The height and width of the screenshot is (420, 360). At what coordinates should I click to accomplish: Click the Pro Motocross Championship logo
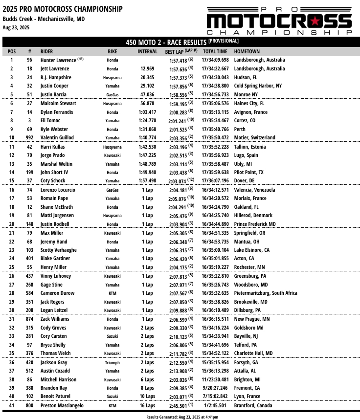[x=279, y=21]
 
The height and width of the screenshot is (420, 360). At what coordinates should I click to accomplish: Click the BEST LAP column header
[x=181, y=51]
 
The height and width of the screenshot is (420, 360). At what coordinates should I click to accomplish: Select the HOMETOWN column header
[x=247, y=51]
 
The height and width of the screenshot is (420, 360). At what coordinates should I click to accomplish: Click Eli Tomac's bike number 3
[x=29, y=120]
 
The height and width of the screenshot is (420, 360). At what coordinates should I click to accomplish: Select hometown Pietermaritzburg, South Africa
[x=266, y=293]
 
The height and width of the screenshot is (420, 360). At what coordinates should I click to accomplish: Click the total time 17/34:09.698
[x=215, y=60]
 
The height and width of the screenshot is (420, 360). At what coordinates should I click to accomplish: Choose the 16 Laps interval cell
[x=147, y=406]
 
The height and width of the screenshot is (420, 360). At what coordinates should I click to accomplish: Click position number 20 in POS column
[x=12, y=224]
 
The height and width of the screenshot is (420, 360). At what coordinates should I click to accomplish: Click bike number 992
[x=29, y=138]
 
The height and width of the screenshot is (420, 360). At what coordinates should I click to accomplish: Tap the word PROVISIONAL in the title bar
[x=224, y=42]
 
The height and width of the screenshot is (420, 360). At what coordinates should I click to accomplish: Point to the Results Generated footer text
[x=180, y=417]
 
